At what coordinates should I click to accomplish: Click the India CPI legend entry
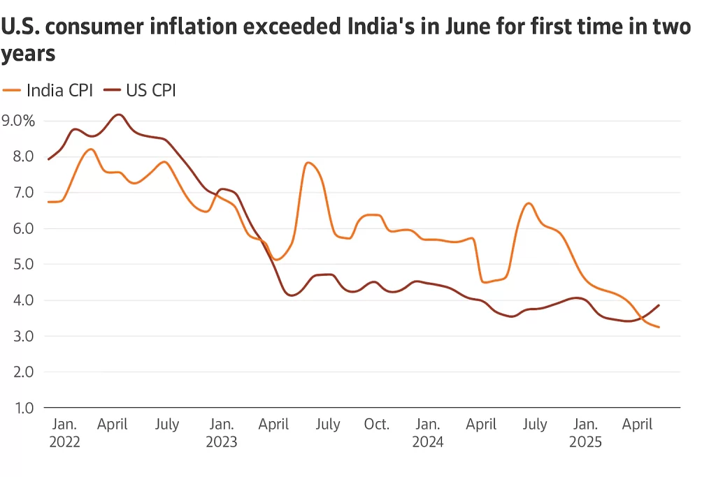point(48,90)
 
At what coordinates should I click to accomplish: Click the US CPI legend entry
point(140,90)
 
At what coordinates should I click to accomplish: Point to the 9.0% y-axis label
point(18,120)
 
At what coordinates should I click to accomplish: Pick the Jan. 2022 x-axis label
point(64,432)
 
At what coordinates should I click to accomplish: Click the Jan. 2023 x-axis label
point(221,432)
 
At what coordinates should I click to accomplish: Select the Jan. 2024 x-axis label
point(427,432)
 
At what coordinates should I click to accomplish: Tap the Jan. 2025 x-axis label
point(585,432)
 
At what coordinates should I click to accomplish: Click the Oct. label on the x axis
point(377,424)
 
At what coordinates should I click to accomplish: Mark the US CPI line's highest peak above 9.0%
point(119,115)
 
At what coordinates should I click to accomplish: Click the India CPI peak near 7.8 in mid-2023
point(308,163)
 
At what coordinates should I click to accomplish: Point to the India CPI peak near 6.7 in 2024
point(529,203)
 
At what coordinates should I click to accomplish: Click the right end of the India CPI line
point(659,327)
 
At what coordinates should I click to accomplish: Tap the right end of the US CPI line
point(659,305)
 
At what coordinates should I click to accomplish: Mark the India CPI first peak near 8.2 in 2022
point(90,149)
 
